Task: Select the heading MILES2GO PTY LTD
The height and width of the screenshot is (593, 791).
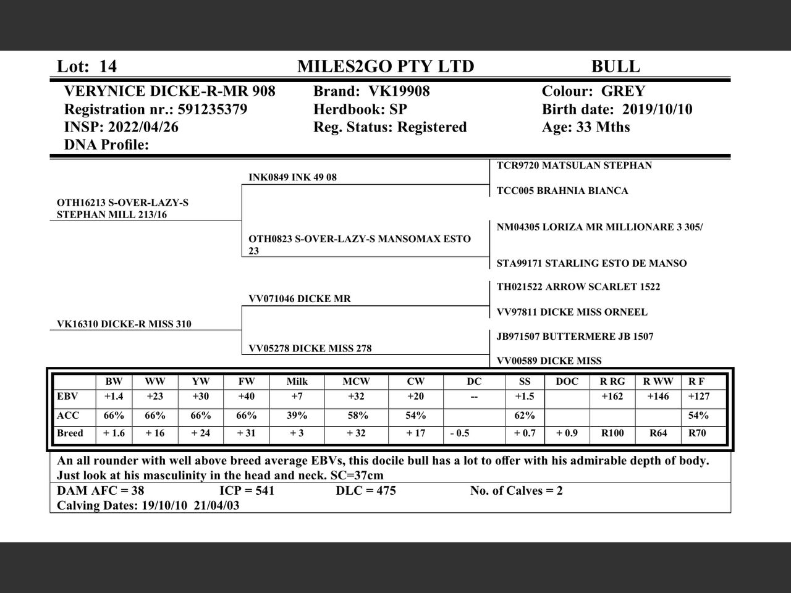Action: click(386, 67)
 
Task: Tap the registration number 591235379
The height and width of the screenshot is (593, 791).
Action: click(212, 109)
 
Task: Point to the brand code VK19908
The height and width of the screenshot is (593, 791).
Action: click(399, 91)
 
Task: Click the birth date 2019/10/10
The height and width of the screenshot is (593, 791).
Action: click(657, 109)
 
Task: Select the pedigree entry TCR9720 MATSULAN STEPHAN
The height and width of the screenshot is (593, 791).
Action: click(574, 166)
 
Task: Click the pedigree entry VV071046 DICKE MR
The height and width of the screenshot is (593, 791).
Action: click(299, 299)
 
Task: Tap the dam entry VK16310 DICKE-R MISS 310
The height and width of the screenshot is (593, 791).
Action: click(124, 324)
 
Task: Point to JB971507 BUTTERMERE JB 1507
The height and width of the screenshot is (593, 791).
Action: click(575, 337)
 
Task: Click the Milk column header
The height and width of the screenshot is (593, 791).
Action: click(297, 382)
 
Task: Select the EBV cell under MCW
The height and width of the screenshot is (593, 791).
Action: click(356, 397)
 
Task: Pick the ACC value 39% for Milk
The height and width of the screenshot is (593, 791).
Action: click(297, 416)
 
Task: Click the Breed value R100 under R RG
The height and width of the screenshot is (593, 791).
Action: click(612, 433)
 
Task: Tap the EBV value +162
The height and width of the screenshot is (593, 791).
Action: click(612, 397)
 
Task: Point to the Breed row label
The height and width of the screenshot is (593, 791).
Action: click(70, 433)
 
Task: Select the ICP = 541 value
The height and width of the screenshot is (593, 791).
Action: click(247, 491)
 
